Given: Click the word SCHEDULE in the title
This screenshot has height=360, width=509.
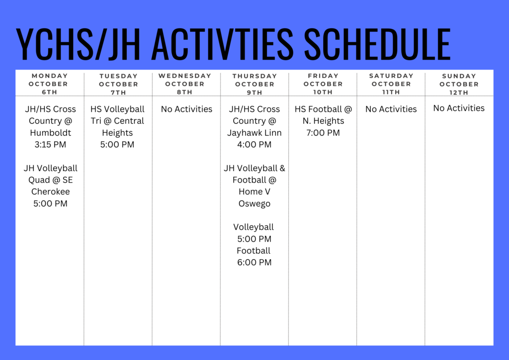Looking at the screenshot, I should (377, 44).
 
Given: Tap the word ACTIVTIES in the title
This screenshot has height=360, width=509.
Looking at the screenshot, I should (222, 44).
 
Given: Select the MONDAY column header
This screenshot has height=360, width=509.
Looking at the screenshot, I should (50, 76).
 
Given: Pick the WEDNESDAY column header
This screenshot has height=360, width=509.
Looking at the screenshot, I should (185, 76).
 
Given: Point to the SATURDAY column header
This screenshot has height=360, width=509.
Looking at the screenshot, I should (391, 76).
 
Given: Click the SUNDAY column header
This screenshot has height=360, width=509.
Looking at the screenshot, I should (459, 76).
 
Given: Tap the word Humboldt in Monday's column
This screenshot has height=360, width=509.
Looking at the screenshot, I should (50, 133).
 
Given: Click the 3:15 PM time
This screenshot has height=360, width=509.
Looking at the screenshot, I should (50, 145).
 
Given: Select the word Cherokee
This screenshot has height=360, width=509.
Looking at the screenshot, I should (50, 191).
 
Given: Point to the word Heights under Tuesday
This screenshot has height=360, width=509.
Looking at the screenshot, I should (117, 133).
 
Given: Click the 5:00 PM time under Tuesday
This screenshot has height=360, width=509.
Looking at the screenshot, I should (117, 145).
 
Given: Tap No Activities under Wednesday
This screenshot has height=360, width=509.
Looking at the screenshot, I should (186, 109).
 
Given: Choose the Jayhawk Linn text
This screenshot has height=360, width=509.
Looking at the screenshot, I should (254, 133).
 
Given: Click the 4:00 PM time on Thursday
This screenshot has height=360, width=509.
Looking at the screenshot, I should (254, 145).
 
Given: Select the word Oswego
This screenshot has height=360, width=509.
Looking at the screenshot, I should (254, 203).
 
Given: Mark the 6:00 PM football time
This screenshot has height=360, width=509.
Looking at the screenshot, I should (254, 263).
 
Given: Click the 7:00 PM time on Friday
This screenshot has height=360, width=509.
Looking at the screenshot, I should (323, 133).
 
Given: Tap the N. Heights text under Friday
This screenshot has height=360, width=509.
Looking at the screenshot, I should (323, 121).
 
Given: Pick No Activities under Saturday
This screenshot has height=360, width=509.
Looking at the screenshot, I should (391, 109).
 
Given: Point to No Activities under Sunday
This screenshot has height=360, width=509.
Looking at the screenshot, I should (459, 108).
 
